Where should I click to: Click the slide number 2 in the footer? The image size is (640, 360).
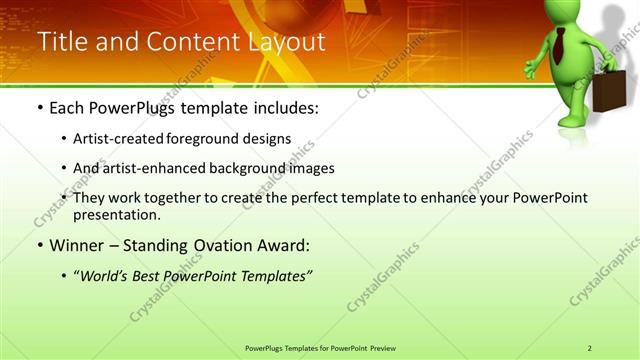589,348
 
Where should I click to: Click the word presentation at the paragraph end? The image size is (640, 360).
116,214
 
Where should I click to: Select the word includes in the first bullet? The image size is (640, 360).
284,107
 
